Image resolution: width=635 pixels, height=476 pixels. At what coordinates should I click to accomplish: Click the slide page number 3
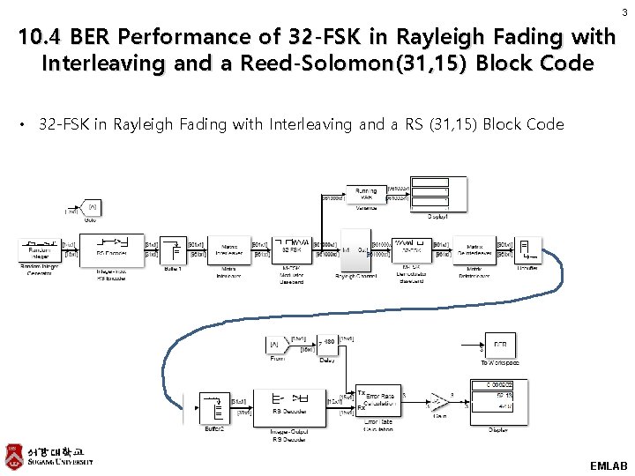point(624,12)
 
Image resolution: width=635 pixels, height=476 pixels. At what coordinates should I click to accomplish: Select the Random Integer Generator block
point(39,249)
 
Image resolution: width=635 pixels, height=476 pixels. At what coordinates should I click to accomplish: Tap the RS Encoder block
point(118,249)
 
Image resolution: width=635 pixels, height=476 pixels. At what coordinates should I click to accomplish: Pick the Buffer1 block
point(174,249)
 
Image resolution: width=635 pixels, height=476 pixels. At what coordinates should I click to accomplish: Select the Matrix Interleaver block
point(229,249)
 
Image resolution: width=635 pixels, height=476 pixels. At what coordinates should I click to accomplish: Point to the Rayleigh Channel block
point(355,250)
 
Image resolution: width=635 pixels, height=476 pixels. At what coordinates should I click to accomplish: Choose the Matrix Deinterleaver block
point(474,249)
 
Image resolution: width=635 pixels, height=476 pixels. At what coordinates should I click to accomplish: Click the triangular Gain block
point(435,405)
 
